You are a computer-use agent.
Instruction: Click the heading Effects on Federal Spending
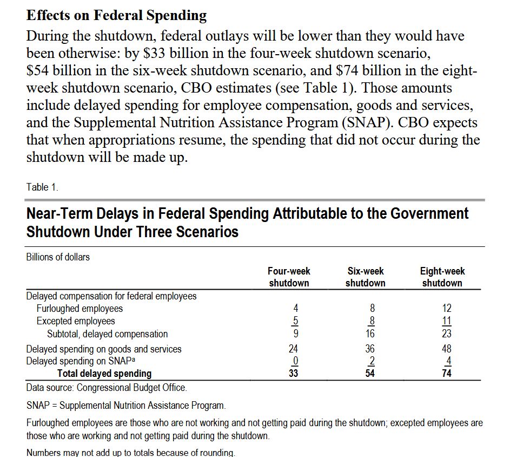(116, 15)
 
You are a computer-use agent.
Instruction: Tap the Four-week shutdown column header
(289, 277)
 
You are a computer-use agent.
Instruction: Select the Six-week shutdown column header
(366, 277)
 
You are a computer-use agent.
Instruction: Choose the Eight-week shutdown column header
(442, 277)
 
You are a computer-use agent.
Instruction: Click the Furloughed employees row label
(80, 309)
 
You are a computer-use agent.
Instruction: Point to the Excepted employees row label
(76, 321)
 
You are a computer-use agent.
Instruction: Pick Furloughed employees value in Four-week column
(295, 309)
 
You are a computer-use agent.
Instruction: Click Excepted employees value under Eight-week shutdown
(447, 321)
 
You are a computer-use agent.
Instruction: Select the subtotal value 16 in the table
(369, 334)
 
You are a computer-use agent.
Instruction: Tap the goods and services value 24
(293, 349)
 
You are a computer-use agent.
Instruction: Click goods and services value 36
(369, 349)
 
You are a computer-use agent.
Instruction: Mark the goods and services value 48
(446, 349)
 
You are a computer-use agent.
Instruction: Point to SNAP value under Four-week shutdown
(295, 361)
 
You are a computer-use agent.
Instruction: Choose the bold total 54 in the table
(369, 373)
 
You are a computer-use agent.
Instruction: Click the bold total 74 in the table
(446, 373)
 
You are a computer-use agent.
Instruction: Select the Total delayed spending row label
(104, 373)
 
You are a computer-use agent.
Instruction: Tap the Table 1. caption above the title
(42, 187)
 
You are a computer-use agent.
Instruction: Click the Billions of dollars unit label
(58, 257)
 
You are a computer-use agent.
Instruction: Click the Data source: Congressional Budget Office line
(107, 388)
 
